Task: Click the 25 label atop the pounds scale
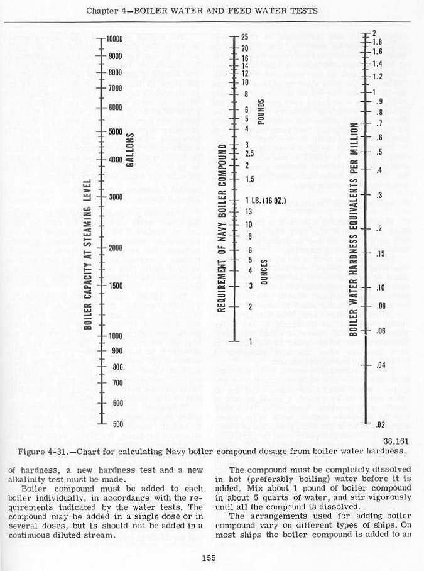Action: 245,38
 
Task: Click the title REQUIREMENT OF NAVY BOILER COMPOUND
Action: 221,228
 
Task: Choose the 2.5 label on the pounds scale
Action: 249,153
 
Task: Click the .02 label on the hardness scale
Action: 379,426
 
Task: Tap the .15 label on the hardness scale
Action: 379,253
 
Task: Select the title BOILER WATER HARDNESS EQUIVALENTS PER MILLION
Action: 354,228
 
